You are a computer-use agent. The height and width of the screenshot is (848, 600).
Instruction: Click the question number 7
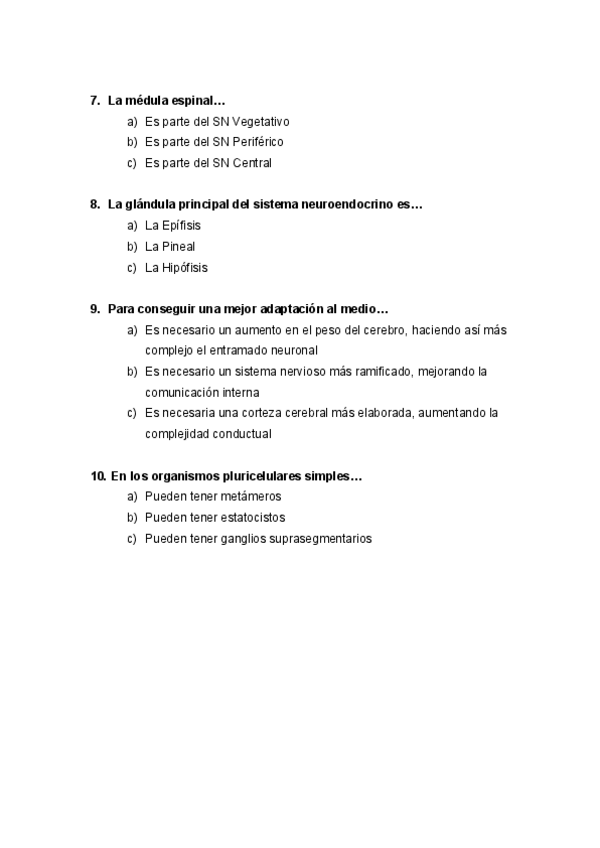coord(94,100)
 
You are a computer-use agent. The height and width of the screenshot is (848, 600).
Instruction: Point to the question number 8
coord(94,204)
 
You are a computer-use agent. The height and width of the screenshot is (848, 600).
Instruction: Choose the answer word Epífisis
coord(181,226)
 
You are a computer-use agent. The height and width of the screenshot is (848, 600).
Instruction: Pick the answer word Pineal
coord(178,247)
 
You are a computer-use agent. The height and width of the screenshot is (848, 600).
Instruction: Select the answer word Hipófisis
coord(185,268)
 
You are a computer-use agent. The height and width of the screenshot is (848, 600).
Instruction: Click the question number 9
coord(94,309)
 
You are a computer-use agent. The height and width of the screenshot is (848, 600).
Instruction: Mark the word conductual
coord(241,434)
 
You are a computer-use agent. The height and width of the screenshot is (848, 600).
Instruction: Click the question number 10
coord(97,476)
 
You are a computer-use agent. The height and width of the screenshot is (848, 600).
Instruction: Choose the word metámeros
coord(252,497)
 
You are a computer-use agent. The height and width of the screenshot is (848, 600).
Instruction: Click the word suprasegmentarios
coord(321,539)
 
